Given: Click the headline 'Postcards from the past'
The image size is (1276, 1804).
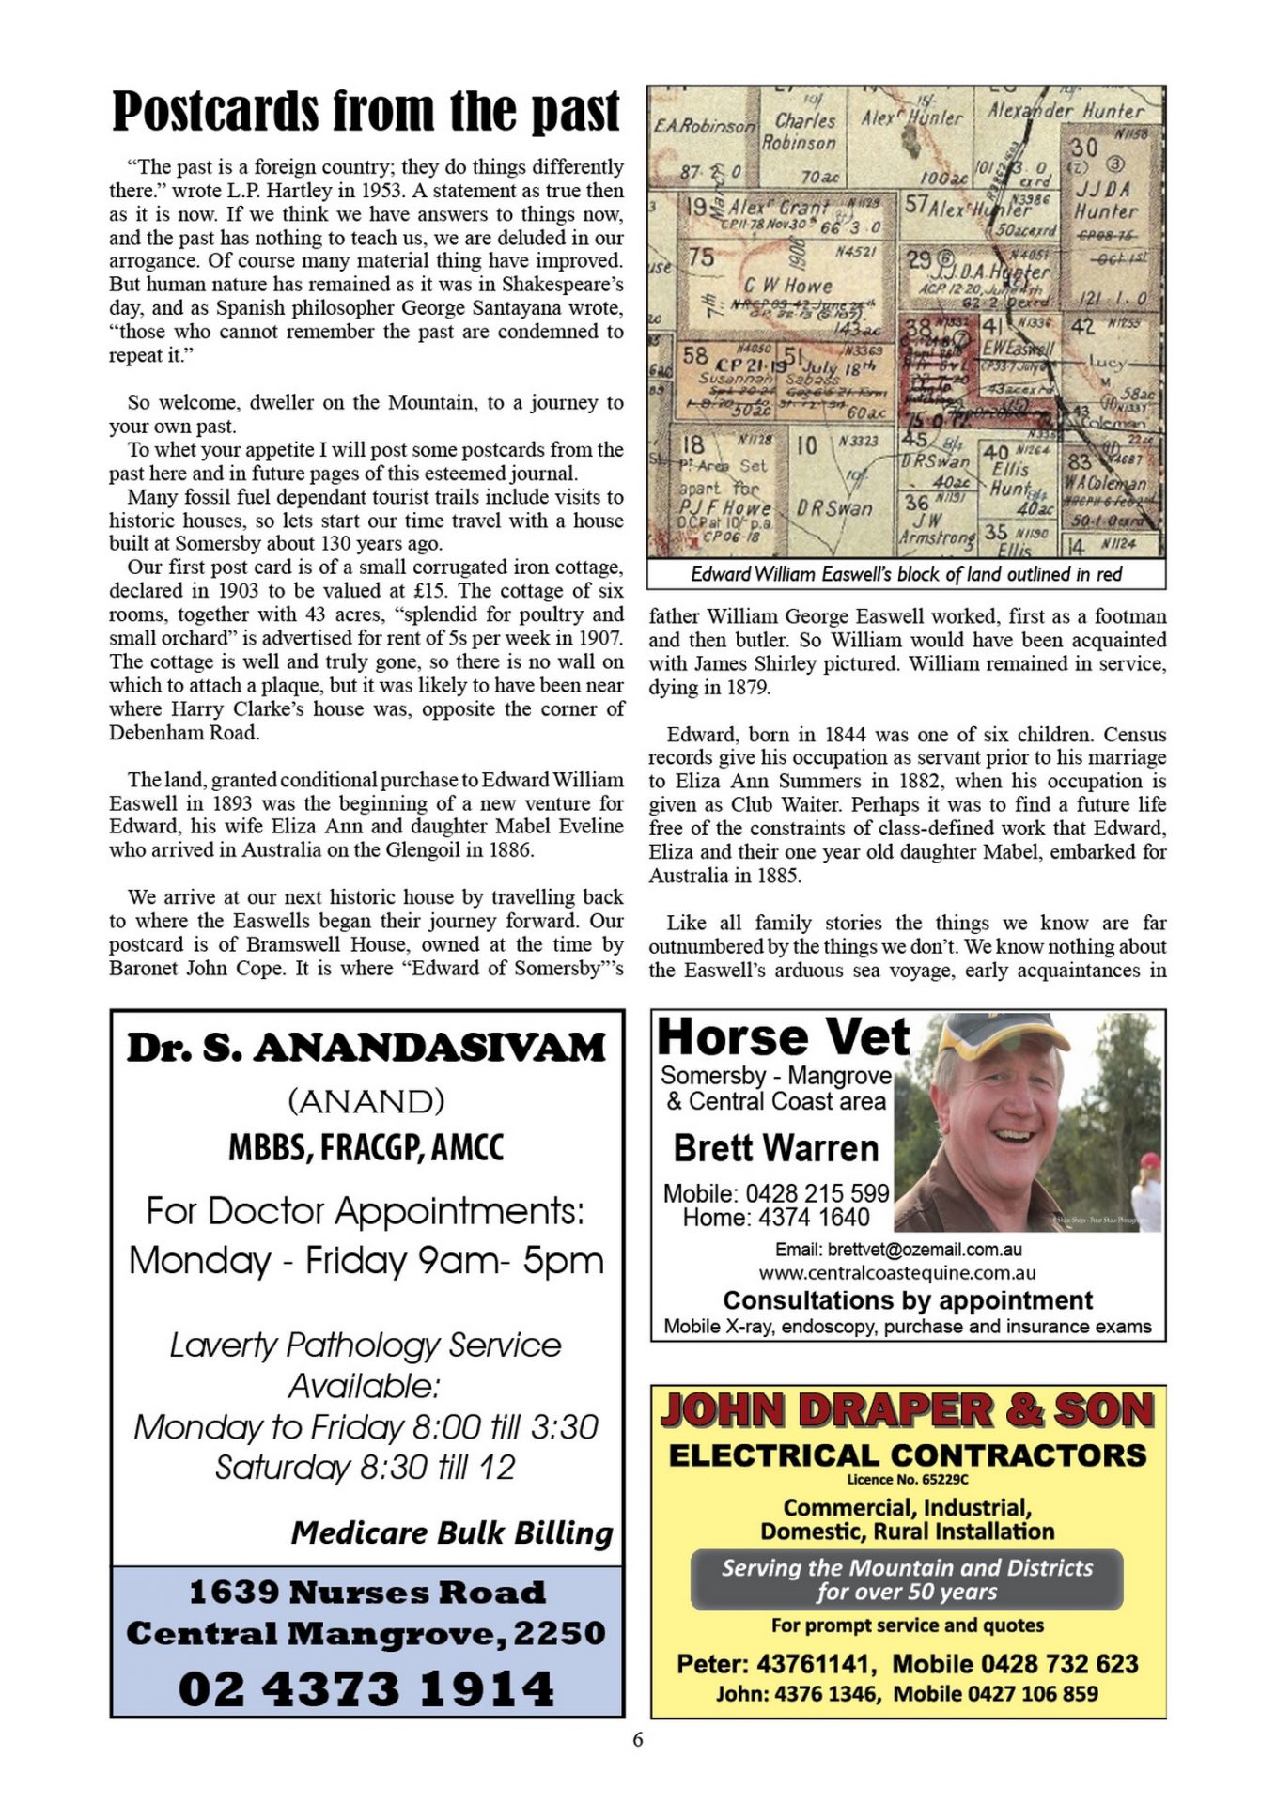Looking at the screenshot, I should coord(366,112).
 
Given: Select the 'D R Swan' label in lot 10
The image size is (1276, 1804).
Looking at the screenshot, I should coord(834,508).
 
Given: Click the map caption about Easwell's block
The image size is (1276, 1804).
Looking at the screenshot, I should coord(906,574).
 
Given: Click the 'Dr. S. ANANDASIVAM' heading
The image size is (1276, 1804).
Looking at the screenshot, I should coord(366,1048).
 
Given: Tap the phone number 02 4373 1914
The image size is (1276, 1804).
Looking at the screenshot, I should coord(366,1688).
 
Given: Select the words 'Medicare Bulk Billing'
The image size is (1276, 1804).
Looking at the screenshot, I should coord(451,1532).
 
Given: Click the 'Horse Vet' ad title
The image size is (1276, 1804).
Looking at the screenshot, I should coord(783,1038).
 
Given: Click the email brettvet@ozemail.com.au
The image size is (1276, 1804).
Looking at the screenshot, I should coord(897,1250).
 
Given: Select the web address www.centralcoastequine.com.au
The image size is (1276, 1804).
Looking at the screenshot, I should coord(897,1274).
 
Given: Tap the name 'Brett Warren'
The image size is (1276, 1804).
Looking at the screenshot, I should coord(775,1148).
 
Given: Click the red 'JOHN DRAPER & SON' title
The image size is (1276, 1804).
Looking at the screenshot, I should coord(907,1411).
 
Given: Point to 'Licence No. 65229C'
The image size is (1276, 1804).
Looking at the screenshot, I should coord(907,1480).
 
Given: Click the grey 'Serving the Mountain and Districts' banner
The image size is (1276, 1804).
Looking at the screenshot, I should coord(907,1579).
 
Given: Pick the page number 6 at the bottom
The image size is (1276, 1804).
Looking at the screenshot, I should coord(638,1740).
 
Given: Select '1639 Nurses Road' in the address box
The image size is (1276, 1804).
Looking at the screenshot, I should coord(366,1593).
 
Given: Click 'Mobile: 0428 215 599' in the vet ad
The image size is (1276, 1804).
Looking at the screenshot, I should coord(775,1193).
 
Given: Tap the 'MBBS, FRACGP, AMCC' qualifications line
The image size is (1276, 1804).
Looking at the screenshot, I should coord(366,1147).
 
